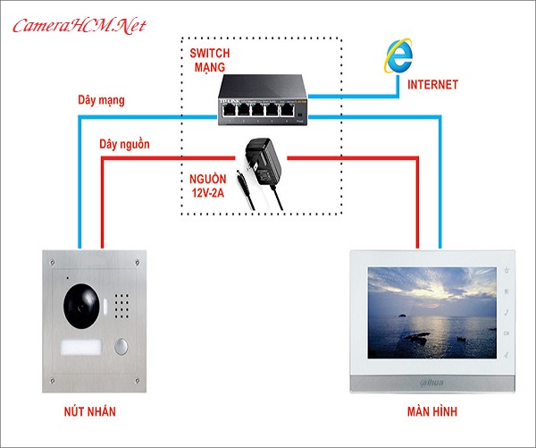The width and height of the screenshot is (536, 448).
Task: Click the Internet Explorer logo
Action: click(397, 57)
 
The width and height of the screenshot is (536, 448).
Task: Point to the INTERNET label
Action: click(432, 85)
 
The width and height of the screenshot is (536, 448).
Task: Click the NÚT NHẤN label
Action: click(92, 412)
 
